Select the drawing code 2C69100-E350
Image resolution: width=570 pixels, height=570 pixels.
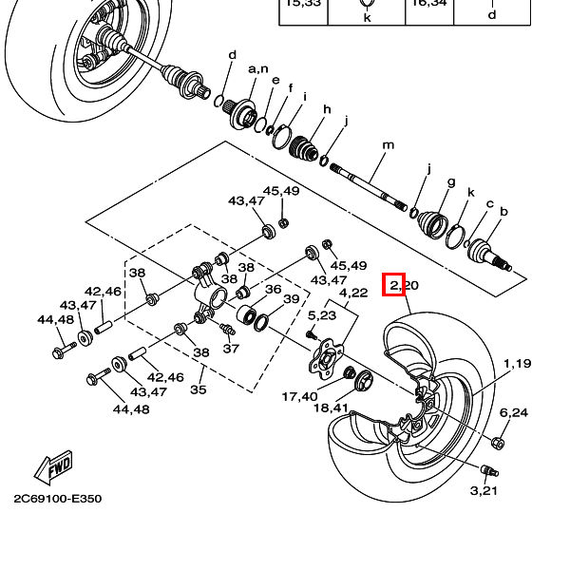click(x=57, y=498)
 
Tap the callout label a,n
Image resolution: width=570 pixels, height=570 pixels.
click(x=257, y=68)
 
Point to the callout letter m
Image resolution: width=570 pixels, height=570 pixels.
click(x=388, y=145)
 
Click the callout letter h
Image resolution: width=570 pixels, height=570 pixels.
click(x=326, y=109)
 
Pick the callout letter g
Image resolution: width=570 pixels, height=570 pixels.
click(x=451, y=181)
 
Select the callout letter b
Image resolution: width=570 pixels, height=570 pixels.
click(x=503, y=211)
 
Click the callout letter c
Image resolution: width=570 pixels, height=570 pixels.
click(x=489, y=203)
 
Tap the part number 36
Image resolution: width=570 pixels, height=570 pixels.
click(x=273, y=290)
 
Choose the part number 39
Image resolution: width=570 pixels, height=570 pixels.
click(x=291, y=299)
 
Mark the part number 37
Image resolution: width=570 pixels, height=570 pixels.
click(x=231, y=348)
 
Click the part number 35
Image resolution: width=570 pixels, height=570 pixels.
click(x=198, y=389)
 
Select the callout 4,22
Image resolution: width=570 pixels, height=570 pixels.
click(x=353, y=293)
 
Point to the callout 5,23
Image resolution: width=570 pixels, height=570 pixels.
click(x=322, y=314)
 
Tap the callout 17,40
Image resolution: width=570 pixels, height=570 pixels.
click(x=300, y=396)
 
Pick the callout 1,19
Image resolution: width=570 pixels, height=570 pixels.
click(x=518, y=363)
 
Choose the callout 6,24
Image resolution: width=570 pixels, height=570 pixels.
click(x=513, y=412)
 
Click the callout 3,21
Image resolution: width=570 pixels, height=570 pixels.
click(x=484, y=490)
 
